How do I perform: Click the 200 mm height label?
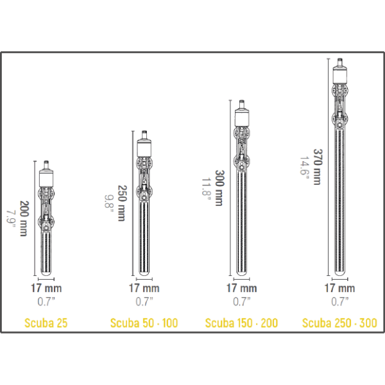[24, 219]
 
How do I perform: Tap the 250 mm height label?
[122, 203]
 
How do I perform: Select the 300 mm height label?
[219, 188]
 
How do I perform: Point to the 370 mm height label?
[318, 167]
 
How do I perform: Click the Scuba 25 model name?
[46, 323]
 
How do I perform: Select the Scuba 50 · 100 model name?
[144, 323]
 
